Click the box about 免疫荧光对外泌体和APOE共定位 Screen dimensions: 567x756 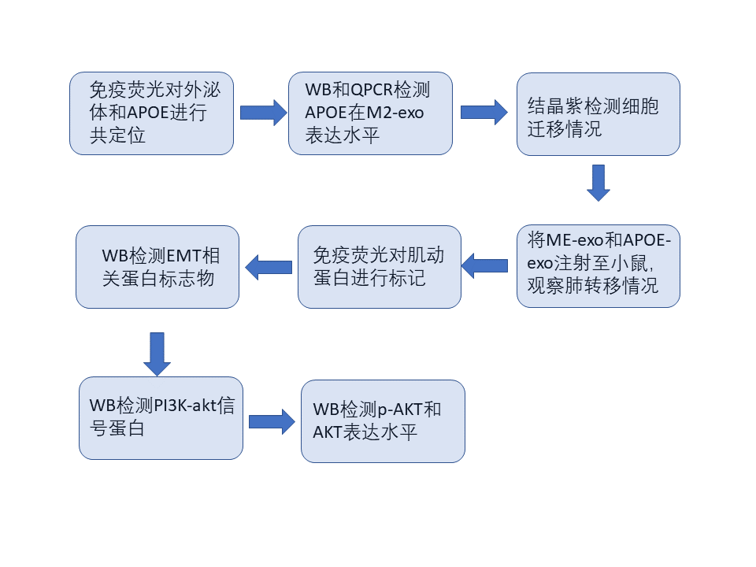pos(151,113)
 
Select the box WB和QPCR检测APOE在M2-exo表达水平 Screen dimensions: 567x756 pos(370,113)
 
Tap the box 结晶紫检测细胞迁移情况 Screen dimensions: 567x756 pos(598,113)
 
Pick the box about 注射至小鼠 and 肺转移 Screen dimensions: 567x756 pos(598,265)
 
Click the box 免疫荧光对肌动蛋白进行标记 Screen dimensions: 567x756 pos(379,266)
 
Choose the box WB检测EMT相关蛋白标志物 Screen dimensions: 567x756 pos(157,266)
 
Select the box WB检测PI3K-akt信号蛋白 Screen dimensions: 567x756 pos(161,417)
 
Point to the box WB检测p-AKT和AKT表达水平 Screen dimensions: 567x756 pos(383,421)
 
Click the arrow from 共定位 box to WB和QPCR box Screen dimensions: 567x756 pos(263,113)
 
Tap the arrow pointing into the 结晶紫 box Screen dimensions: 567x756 pos(484,113)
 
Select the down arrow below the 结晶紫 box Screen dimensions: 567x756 pos(598,183)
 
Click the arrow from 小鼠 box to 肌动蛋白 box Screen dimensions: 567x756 pos(484,266)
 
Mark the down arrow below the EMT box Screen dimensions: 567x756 pos(157,354)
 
